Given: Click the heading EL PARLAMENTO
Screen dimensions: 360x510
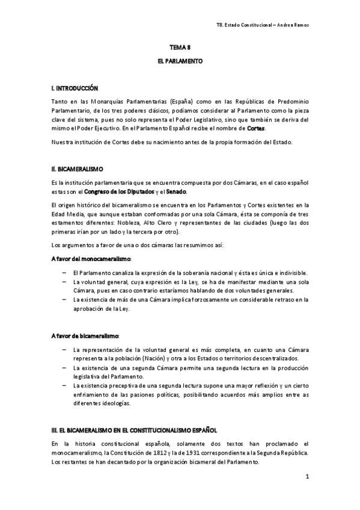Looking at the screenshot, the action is [179, 61].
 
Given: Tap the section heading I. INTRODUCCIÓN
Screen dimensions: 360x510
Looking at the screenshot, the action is [74, 88].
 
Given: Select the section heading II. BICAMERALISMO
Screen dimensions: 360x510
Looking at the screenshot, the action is [78, 170].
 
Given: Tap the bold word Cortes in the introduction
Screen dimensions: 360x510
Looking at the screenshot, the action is [255, 128].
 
